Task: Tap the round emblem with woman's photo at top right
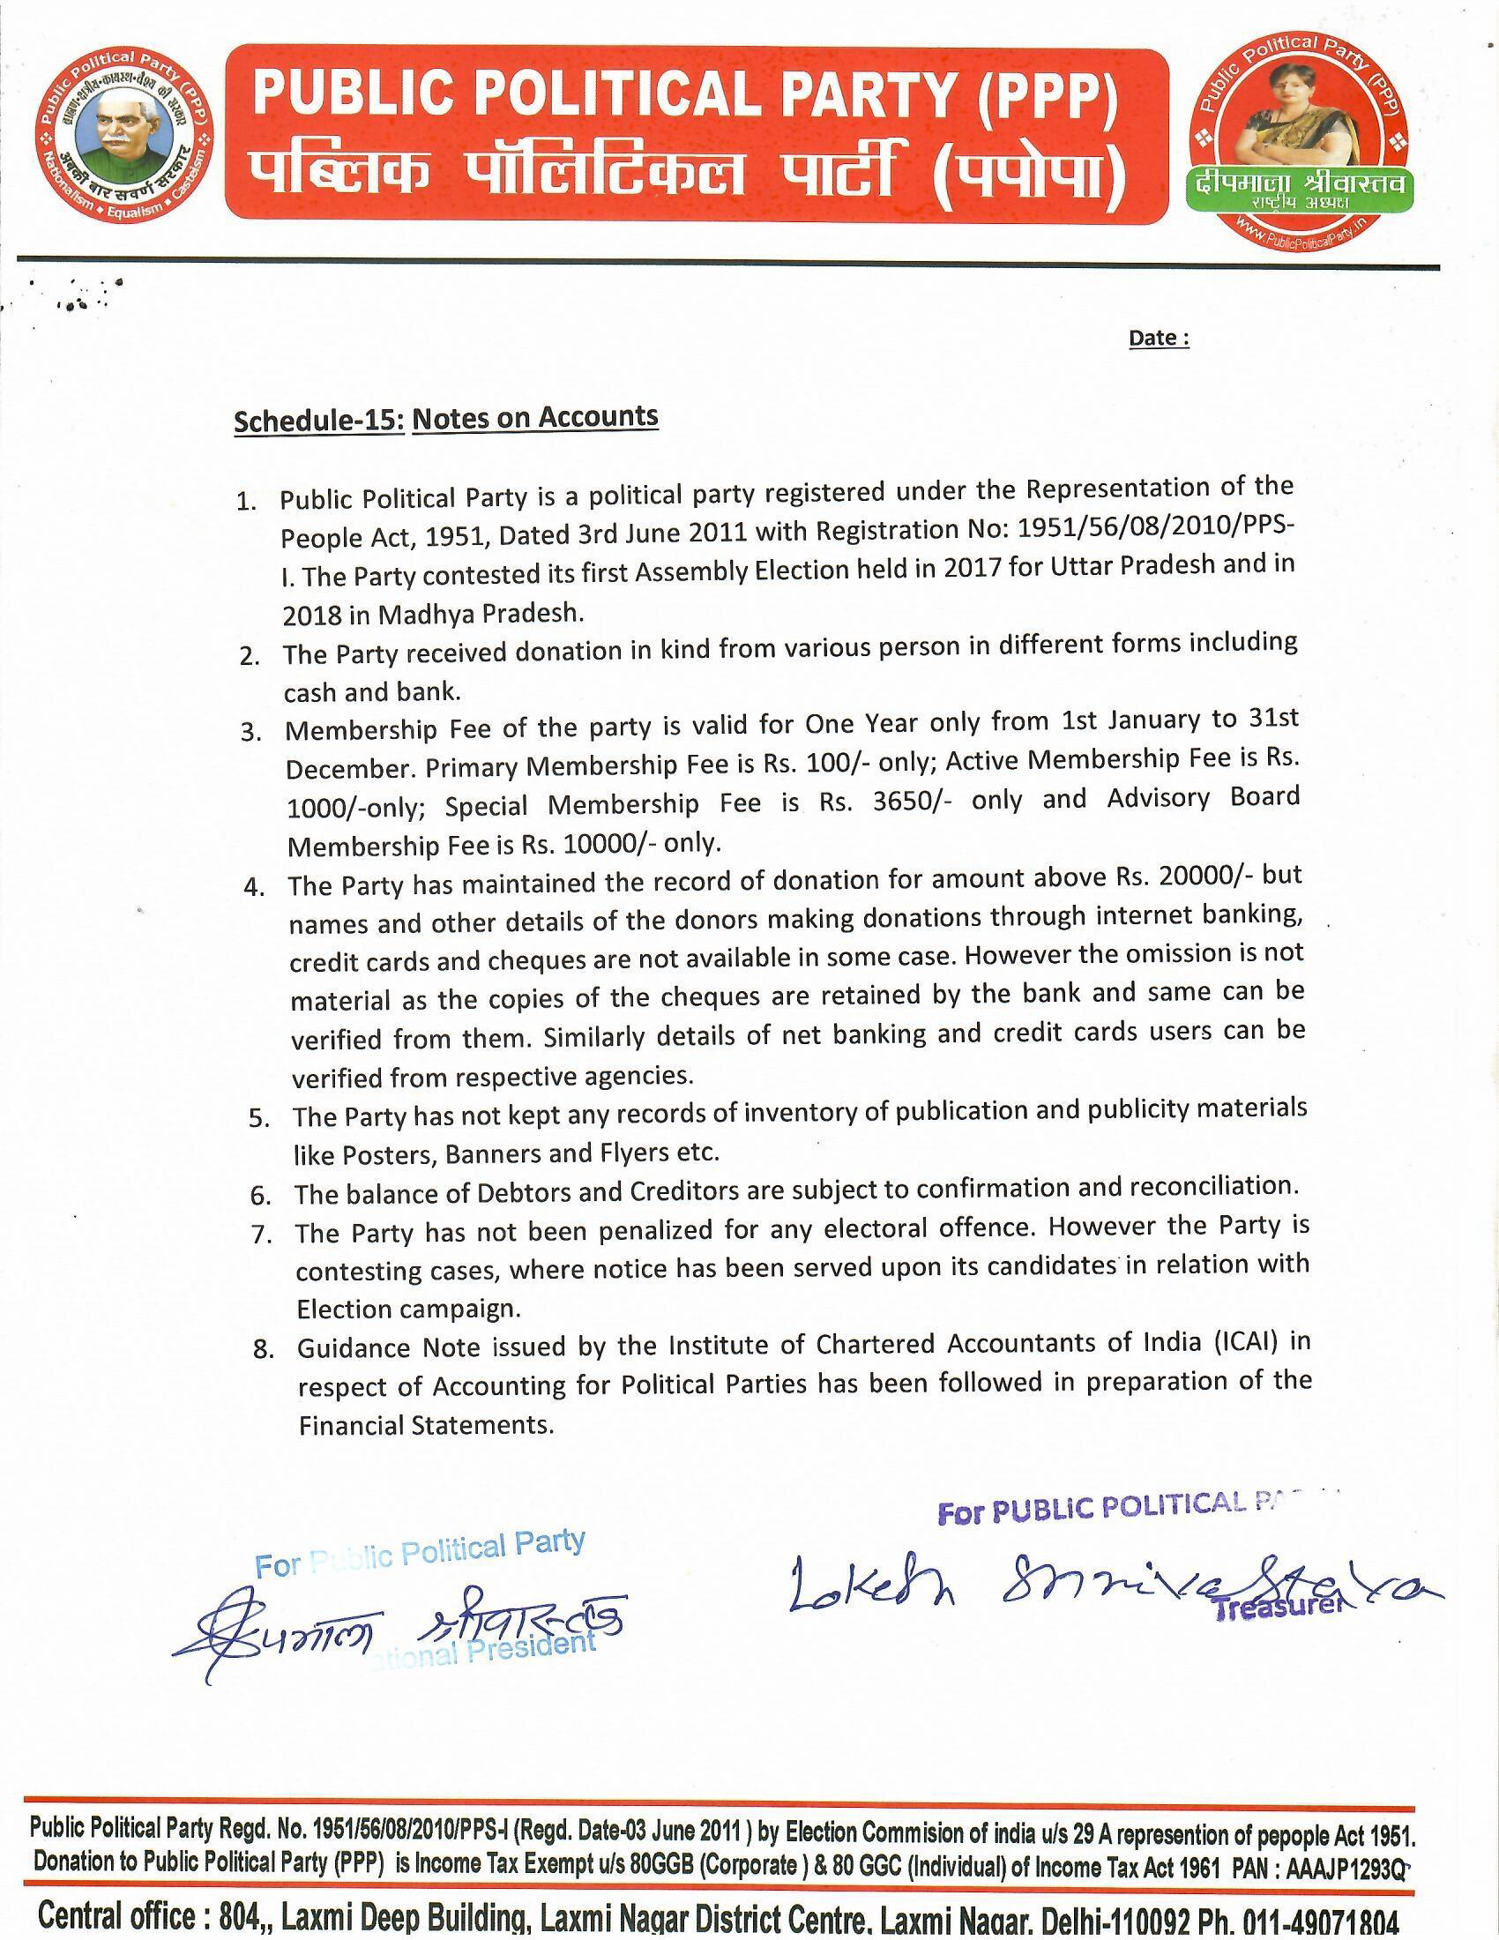(x=1298, y=143)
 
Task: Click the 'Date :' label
(x=1158, y=339)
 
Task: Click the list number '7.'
(x=260, y=1235)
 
